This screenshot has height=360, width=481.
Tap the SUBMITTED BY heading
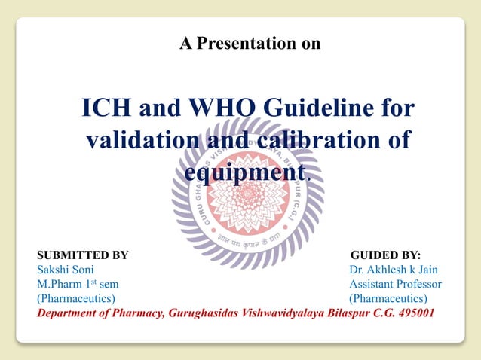point(83,255)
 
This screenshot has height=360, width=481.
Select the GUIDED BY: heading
point(386,255)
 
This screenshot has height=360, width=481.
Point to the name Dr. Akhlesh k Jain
point(393,270)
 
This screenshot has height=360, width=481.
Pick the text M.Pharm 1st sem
point(78,284)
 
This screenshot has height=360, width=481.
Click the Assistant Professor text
point(395,284)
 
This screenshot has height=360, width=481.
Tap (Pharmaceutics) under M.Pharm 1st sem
point(76,298)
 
